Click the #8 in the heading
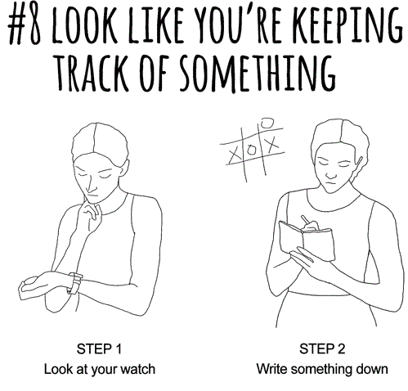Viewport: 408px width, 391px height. [25, 25]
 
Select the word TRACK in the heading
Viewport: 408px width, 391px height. [92, 73]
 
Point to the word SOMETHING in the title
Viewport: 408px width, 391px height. [258, 73]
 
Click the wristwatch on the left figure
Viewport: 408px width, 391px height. [74, 283]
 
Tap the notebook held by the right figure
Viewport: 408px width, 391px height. [307, 241]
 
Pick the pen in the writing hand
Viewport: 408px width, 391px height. [305, 220]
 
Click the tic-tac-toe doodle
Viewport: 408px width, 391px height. [253, 150]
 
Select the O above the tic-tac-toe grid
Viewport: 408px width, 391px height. [267, 124]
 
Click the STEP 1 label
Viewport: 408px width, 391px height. [99, 348]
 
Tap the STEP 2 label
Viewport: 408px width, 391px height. [322, 348]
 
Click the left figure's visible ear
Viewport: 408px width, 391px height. [124, 168]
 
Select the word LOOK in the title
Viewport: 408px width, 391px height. [85, 25]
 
